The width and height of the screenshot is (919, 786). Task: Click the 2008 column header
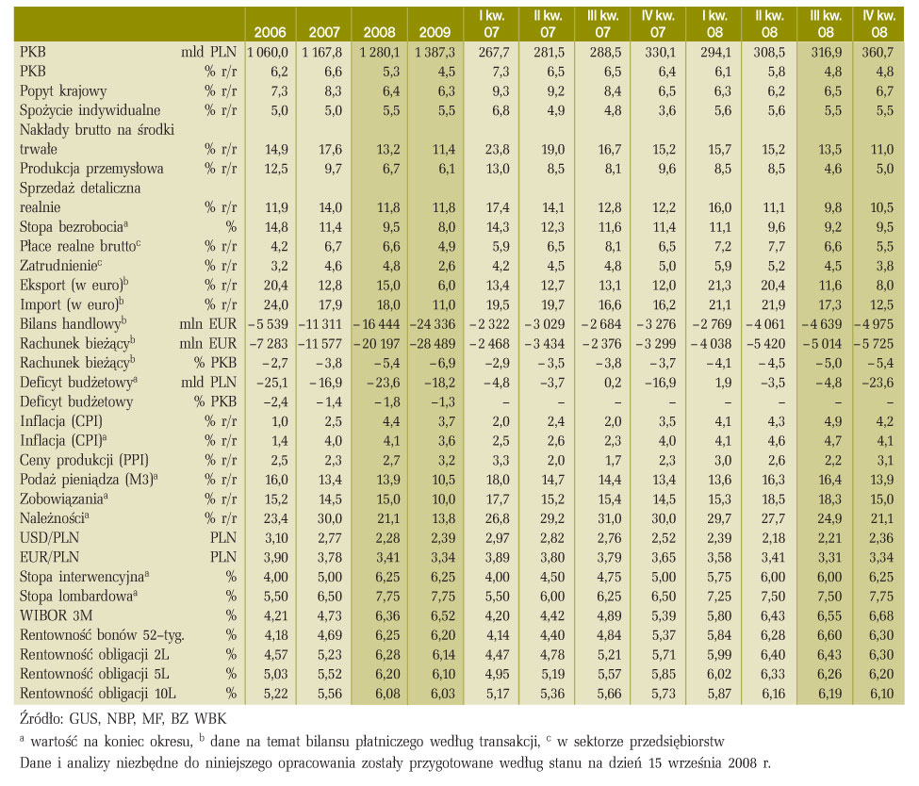point(379,32)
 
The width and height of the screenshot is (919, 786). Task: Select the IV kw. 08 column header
point(878,24)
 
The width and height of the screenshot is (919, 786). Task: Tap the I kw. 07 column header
point(491,24)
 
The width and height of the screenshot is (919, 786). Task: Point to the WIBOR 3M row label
point(56,615)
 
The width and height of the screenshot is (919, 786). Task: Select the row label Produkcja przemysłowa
point(91,169)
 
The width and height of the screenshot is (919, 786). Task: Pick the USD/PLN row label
point(49,538)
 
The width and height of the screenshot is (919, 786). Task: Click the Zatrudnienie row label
point(60,266)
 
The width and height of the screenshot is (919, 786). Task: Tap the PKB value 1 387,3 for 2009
point(435,52)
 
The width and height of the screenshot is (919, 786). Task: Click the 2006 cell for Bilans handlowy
point(268,324)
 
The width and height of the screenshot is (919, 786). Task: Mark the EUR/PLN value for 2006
point(275,557)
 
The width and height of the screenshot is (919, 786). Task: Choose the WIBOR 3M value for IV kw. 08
point(881,615)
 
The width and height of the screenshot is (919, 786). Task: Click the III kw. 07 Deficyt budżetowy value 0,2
point(613,383)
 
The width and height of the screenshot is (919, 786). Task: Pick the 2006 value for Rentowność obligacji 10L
point(275,694)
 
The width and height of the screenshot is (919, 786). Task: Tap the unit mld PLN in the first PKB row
point(208,52)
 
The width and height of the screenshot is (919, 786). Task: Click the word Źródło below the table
point(41,718)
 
